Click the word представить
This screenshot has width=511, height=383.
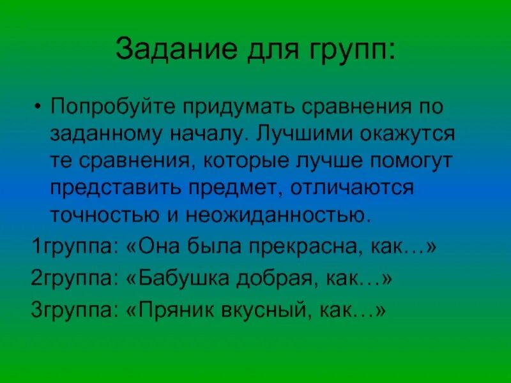click(121, 188)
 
